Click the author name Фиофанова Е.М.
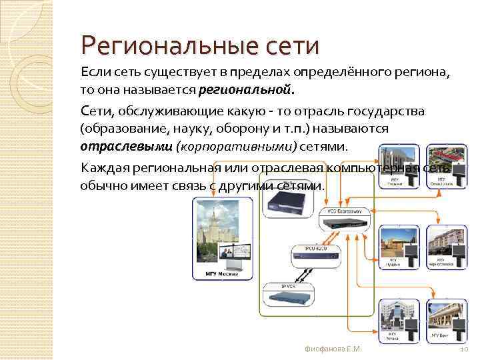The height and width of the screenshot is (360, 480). (331, 348)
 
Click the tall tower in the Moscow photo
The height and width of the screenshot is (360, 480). (215, 227)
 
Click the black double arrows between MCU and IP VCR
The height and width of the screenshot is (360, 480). (303, 273)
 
